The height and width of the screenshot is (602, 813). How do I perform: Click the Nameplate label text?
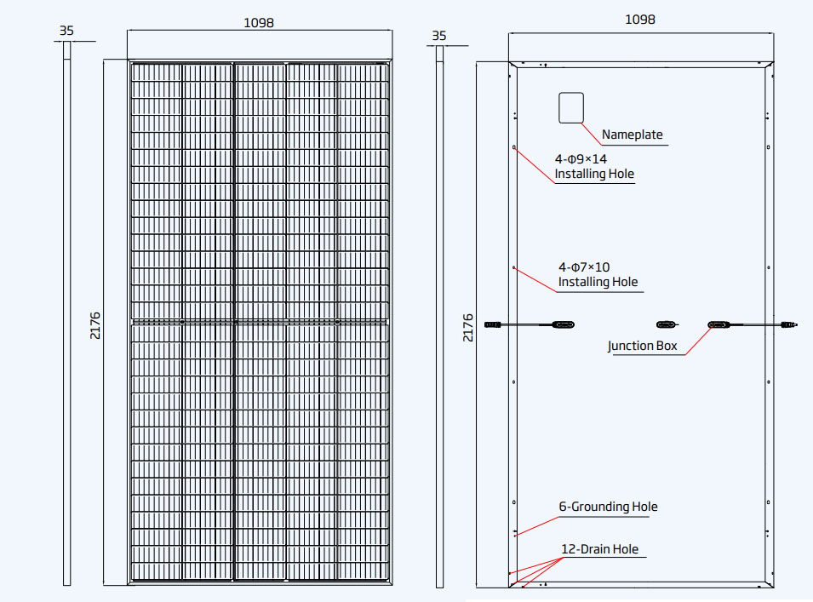tap(632, 135)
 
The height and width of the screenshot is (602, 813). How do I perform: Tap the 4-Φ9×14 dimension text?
tap(581, 159)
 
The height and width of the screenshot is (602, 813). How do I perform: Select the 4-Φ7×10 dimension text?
tap(584, 267)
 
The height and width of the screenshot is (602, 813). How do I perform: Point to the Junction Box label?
tap(643, 346)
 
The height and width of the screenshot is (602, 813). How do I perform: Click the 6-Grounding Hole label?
tap(608, 507)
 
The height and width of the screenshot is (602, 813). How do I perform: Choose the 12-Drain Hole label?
tap(600, 549)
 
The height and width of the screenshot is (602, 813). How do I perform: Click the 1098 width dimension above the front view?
tap(259, 23)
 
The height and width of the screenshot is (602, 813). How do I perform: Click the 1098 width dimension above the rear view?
tap(640, 20)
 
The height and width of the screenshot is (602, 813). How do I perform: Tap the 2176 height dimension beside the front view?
tap(94, 325)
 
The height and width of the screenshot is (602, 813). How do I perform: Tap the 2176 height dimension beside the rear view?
tap(467, 328)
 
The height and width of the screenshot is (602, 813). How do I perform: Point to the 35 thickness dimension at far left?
tap(66, 31)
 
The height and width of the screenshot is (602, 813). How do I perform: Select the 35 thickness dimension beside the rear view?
tap(439, 36)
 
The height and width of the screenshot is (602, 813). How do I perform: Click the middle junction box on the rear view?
tap(667, 324)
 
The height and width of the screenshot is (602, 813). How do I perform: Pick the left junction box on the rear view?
tap(563, 325)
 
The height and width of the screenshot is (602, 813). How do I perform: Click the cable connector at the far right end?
tap(789, 325)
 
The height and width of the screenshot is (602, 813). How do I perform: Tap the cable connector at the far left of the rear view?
tap(493, 325)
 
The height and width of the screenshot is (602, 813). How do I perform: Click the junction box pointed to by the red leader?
tap(719, 325)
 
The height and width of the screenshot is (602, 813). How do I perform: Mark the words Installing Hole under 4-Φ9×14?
tap(594, 174)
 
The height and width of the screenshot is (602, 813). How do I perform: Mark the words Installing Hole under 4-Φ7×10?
tap(598, 282)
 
